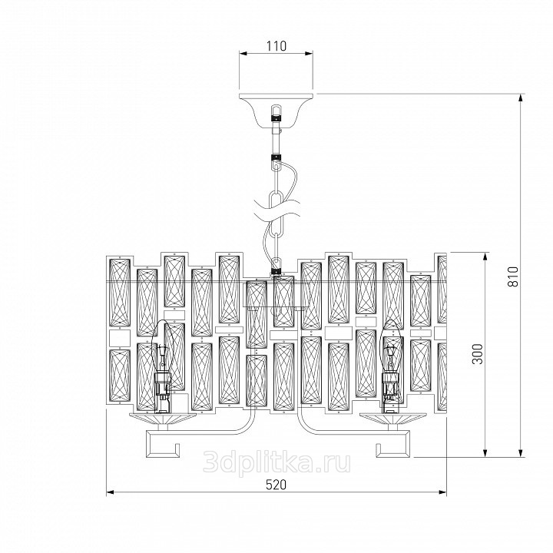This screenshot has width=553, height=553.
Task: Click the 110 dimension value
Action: [276, 46]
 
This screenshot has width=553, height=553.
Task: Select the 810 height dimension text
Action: [514, 276]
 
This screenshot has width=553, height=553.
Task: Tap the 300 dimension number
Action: [478, 354]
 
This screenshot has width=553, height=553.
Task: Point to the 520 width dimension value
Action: [276, 485]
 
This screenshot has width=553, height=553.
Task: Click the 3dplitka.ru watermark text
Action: [276, 462]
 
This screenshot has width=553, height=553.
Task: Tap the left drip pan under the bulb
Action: [164, 419]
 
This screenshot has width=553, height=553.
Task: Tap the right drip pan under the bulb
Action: [392, 419]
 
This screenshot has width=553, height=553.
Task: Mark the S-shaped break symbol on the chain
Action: [276, 210]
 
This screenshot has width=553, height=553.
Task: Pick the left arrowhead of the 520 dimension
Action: [111, 492]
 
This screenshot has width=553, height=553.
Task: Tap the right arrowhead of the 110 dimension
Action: [308, 54]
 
